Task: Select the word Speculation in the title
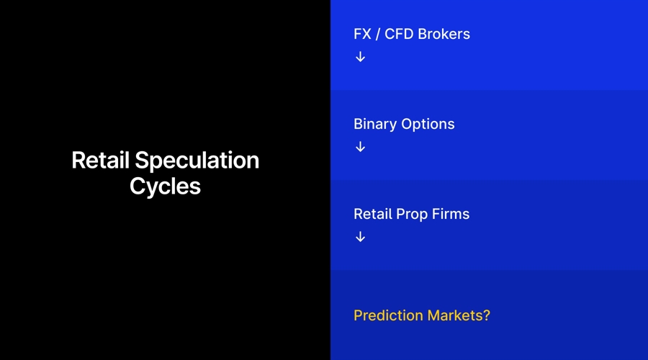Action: pos(197,161)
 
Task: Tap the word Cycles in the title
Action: pos(165,186)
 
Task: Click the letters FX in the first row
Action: pos(362,34)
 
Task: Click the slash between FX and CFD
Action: pos(378,34)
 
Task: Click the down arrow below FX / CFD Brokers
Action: pos(360,57)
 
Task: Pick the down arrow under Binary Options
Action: pos(360,147)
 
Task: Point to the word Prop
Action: pos(411,215)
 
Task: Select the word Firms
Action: pos(451,214)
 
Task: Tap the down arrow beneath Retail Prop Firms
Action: pos(360,237)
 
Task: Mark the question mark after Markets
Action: pos(486,315)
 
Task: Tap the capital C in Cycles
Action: pos(137,186)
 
